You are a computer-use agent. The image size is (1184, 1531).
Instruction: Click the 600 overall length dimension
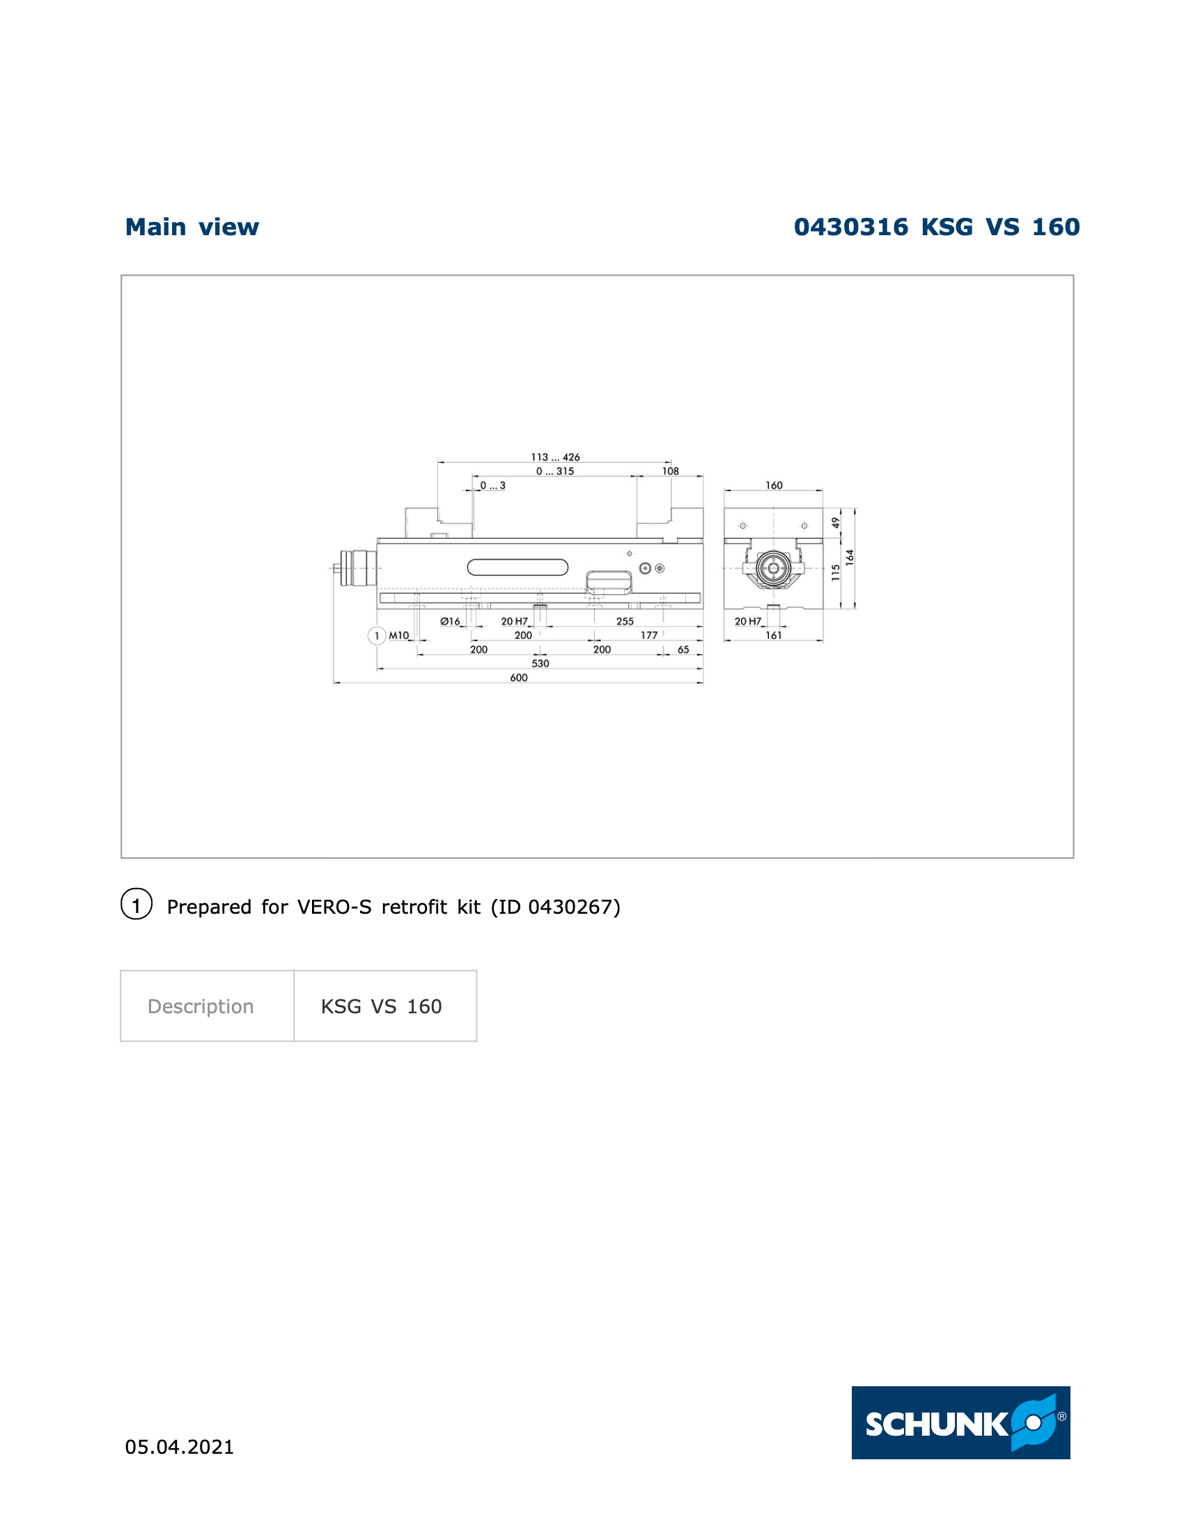[x=518, y=678]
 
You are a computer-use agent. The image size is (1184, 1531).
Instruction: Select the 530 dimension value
[x=540, y=663]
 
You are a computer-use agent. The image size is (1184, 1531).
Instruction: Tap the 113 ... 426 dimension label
[x=556, y=457]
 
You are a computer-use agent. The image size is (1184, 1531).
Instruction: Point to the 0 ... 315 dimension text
[x=556, y=471]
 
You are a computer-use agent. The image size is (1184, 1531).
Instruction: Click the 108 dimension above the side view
[x=671, y=471]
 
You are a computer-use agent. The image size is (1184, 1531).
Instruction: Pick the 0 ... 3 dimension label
[x=492, y=485]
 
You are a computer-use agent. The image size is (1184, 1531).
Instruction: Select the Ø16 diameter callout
[x=451, y=621]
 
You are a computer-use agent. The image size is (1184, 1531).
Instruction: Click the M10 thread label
[x=399, y=635]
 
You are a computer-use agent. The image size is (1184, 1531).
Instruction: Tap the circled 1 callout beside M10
[x=377, y=636]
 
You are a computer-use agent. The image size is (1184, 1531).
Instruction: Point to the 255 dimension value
[x=625, y=621]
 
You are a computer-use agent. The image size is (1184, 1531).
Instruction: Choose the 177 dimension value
[x=650, y=635]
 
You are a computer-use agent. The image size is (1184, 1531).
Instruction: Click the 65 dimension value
[x=683, y=650]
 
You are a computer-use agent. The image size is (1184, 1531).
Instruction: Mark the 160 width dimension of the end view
[x=774, y=485]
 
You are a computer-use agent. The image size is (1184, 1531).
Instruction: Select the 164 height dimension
[x=850, y=558]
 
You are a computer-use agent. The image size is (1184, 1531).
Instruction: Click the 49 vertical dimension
[x=835, y=523]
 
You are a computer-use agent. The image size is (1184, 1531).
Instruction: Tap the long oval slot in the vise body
[x=517, y=567]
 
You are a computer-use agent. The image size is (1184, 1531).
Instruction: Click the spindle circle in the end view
[x=773, y=568]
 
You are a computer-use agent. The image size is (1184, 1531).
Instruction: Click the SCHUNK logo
[x=960, y=1422]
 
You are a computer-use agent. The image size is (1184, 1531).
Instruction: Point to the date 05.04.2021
[x=180, y=1447]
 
